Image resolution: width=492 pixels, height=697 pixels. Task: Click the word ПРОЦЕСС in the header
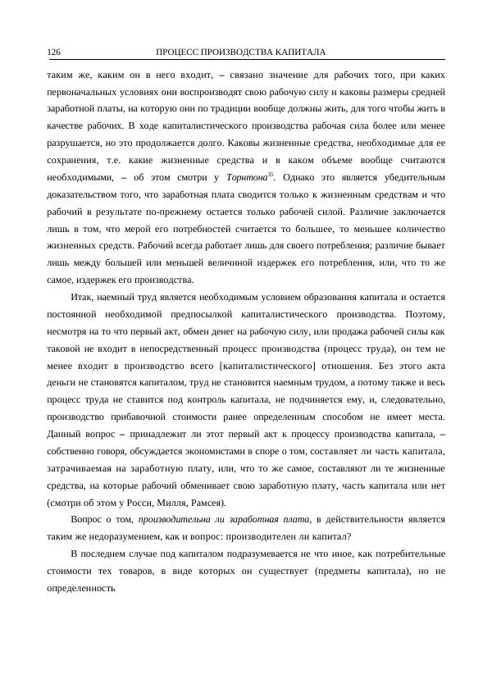pyautogui.click(x=177, y=52)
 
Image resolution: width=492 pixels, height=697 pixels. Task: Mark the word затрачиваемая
pyautogui.click(x=84, y=469)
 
